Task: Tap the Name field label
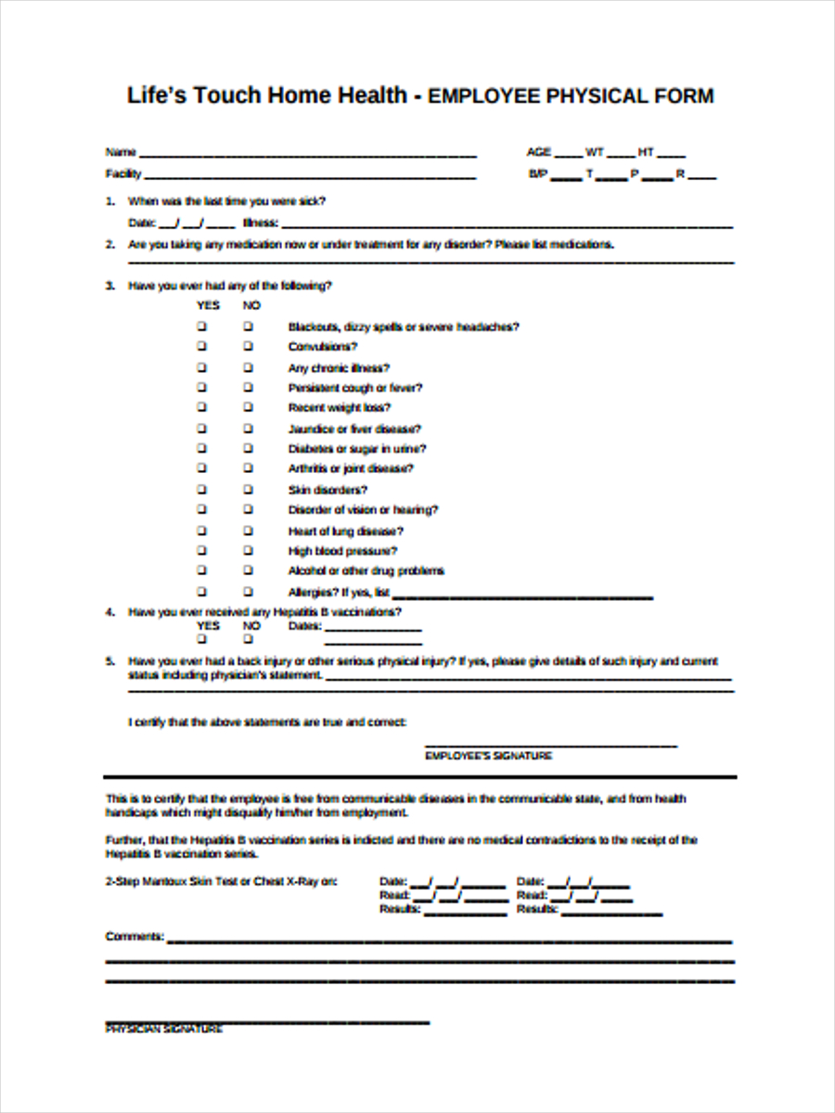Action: (121, 152)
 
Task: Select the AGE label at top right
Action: (539, 152)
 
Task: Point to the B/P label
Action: (538, 174)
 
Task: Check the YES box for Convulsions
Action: (201, 346)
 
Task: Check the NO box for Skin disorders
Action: (248, 490)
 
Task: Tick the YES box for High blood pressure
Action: (201, 551)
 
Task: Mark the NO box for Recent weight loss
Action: (248, 407)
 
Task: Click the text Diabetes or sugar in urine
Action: (357, 449)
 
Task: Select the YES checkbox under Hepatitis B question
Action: (201, 640)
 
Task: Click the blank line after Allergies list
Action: (523, 595)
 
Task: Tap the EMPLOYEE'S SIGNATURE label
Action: (488, 756)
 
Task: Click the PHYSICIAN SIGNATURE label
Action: (164, 1030)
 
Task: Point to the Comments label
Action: (135, 937)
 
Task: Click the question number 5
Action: (109, 661)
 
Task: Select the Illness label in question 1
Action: (261, 224)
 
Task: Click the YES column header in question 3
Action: (208, 305)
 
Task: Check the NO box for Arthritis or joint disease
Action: (248, 469)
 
